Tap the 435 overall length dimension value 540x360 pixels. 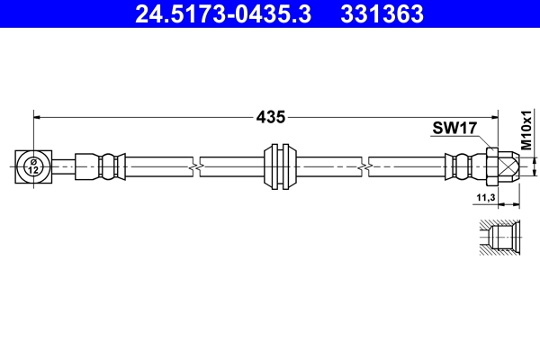(x=270, y=116)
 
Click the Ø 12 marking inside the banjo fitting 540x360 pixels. (x=32, y=166)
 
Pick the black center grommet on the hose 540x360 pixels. (x=282, y=166)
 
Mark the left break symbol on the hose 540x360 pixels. (x=195, y=166)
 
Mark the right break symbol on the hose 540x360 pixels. (x=364, y=166)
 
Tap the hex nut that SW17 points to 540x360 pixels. (x=491, y=166)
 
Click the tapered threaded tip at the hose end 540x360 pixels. (x=509, y=166)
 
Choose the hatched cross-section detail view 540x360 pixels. (x=498, y=238)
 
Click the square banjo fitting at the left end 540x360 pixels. (x=32, y=166)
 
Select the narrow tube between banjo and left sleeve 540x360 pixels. (x=62, y=166)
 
